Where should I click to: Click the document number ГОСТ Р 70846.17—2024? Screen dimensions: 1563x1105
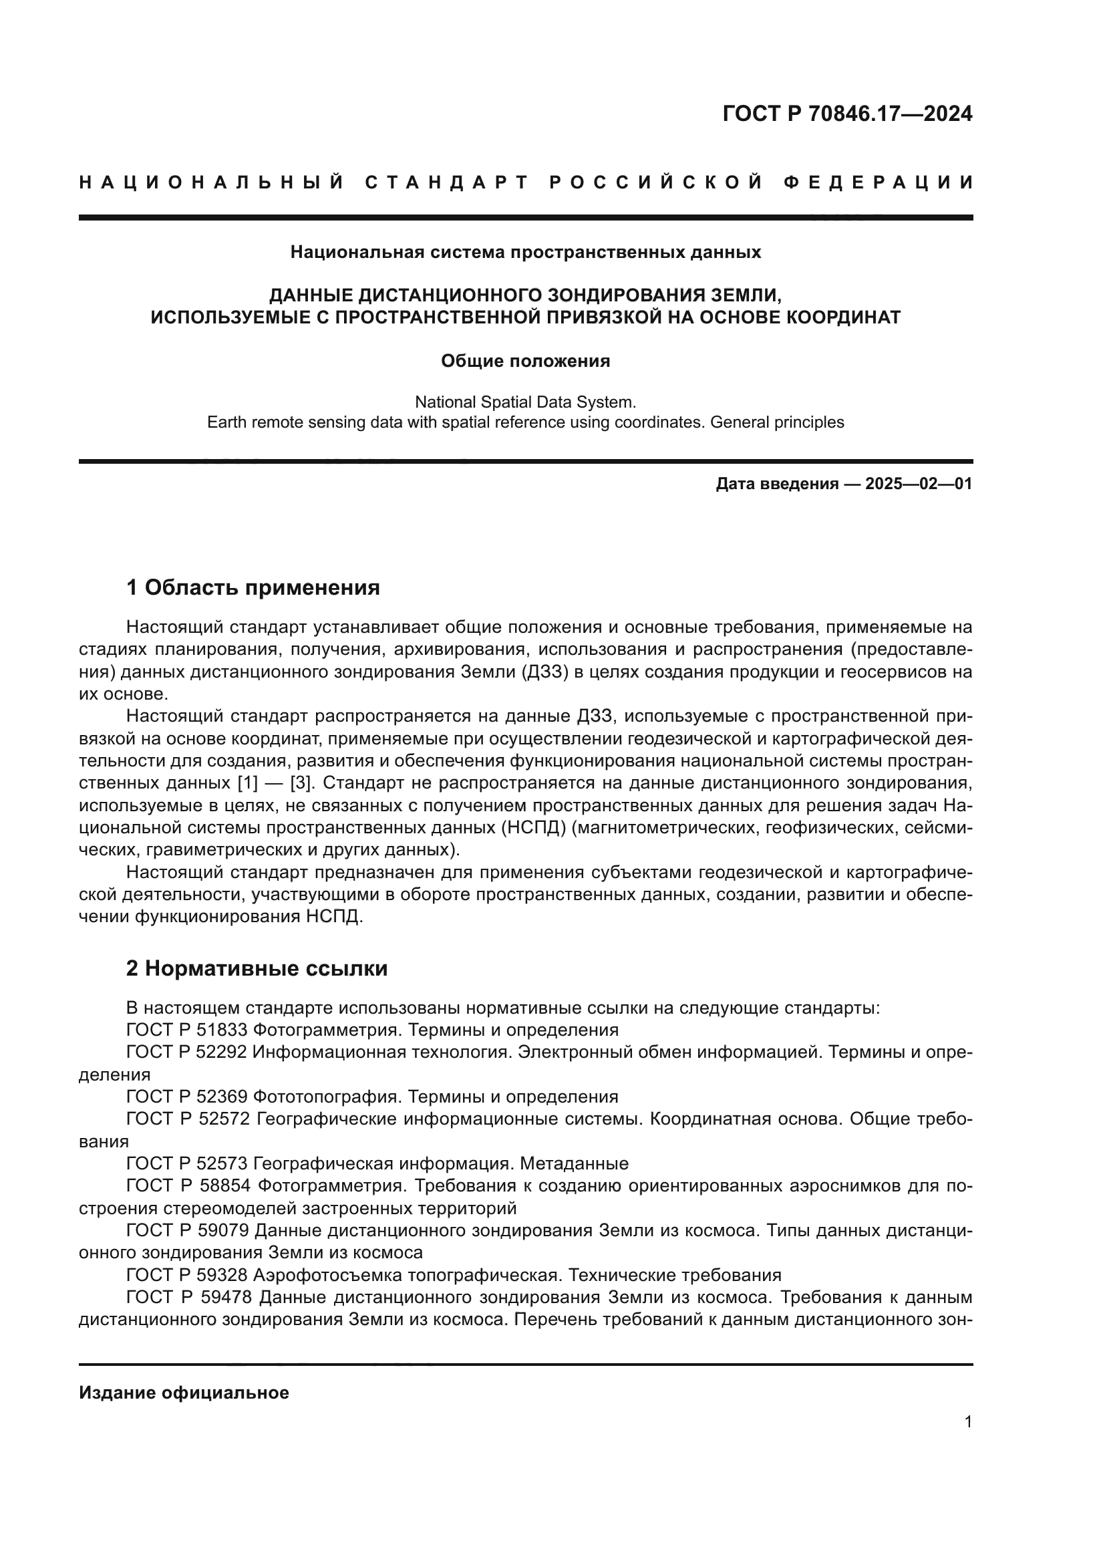pyautogui.click(x=847, y=114)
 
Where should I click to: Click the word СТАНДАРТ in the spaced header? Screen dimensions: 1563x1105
pyautogui.click(x=447, y=182)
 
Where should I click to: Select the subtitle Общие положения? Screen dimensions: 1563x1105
pyautogui.click(x=525, y=361)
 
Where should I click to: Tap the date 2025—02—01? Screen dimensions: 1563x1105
pyautogui.click(x=919, y=484)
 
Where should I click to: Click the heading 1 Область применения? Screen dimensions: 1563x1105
pyautogui.click(x=253, y=587)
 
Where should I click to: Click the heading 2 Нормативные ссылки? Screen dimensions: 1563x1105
pyautogui.click(x=257, y=968)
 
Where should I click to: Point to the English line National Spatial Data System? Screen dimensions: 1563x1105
pyautogui.click(x=525, y=402)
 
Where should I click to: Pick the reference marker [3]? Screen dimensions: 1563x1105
pyautogui.click(x=301, y=783)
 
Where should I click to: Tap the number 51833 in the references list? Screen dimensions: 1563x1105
pyautogui.click(x=221, y=1029)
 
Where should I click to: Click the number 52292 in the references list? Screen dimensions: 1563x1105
pyautogui.click(x=221, y=1052)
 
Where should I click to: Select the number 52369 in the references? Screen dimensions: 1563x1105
pyautogui.click(x=221, y=1097)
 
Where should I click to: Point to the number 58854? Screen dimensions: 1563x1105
pyautogui.click(x=223, y=1186)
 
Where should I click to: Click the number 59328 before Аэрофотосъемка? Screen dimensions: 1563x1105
pyautogui.click(x=221, y=1275)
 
